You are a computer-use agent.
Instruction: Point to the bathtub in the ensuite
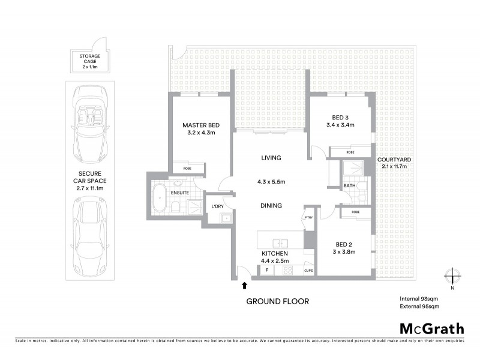point(160,198)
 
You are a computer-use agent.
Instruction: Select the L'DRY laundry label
point(217,207)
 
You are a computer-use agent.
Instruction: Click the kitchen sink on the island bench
point(280,244)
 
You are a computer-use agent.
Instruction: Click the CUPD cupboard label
point(308,270)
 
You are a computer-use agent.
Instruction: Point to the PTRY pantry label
point(308,217)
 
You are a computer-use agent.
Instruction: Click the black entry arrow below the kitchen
point(245,286)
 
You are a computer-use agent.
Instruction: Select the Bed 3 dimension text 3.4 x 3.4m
point(340,125)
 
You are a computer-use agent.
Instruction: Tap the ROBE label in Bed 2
point(355,212)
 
